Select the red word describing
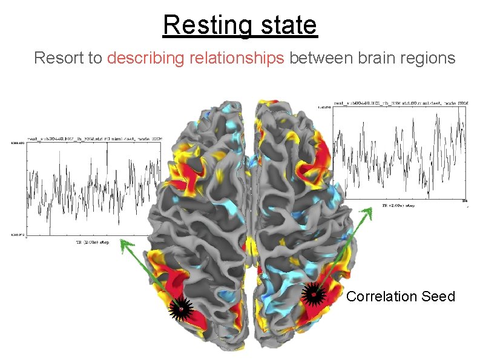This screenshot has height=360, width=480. coord(146,58)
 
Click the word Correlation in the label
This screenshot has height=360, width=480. coord(382,296)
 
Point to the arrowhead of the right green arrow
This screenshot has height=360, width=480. coord(369,209)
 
